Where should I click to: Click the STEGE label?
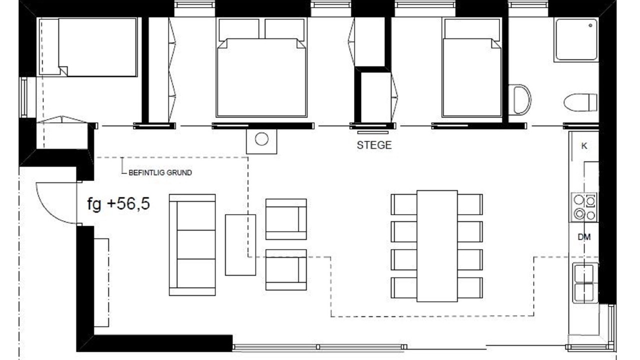374,145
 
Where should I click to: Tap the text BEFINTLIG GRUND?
160,172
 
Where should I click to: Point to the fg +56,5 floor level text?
118,204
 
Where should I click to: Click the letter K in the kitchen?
584,146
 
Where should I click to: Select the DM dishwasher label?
584,237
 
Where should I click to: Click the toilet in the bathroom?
580,102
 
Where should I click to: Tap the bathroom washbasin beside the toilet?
519,99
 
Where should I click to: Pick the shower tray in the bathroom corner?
576,39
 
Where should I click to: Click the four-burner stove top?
584,207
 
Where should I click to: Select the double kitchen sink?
585,283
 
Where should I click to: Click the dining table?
437,246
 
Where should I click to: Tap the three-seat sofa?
192,245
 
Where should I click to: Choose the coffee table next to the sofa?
240,245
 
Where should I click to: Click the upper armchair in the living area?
286,219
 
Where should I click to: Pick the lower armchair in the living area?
286,269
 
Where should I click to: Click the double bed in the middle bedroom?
261,67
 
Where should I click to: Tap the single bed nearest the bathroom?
471,67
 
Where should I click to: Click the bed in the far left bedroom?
88,47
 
